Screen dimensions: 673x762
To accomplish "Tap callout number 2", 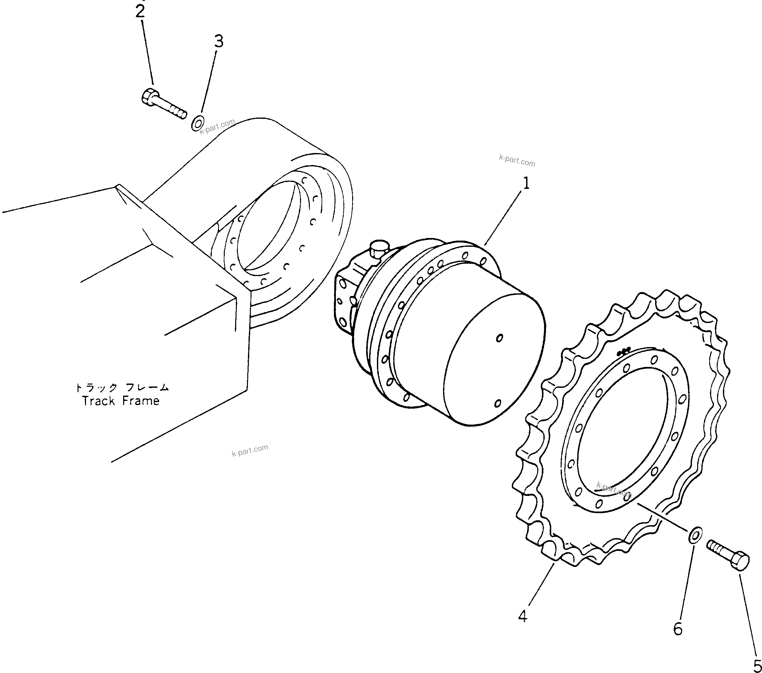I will coord(140,11).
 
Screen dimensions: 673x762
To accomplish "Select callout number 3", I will coord(219,41).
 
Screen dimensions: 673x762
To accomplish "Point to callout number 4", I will coord(523,616).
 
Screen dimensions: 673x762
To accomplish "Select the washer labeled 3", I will coord(197,123).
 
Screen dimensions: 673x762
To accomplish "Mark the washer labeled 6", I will coord(695,535).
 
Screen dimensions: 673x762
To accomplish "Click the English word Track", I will coord(98,401).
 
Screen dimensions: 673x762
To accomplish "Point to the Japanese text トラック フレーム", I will coord(122,387).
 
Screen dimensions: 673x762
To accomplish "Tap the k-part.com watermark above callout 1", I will coord(517,161).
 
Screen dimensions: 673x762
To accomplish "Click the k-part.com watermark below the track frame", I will coord(250,450).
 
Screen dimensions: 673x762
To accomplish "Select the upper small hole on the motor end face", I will coord(499,338).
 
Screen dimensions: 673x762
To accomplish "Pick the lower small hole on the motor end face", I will coord(498,403).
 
